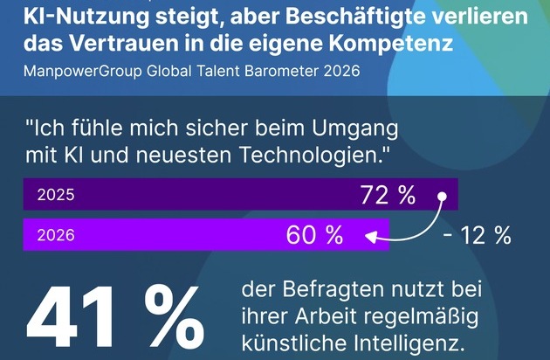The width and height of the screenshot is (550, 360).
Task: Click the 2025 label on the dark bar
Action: click(x=56, y=196)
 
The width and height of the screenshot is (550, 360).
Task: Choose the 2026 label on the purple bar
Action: click(x=56, y=235)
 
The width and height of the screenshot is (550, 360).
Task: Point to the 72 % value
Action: click(x=388, y=196)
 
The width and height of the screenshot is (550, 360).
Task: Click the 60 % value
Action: click(x=314, y=235)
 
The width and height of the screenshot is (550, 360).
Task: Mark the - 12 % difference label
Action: click(x=477, y=235)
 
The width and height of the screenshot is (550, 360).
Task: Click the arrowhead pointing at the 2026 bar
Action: click(x=369, y=235)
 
